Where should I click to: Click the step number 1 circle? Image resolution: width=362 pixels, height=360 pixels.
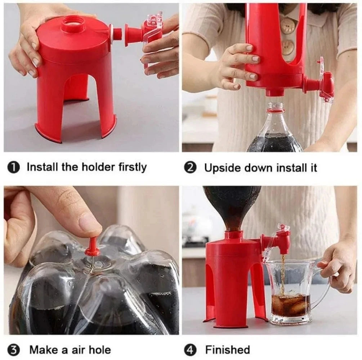13,168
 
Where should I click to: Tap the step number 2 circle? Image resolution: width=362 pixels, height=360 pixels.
190,168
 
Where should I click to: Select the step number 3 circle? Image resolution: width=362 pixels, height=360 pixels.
13,350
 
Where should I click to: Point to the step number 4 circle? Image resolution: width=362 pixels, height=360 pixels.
190,350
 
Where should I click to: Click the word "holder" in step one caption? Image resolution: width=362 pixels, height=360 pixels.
97,167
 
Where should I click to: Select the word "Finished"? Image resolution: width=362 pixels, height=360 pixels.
227,350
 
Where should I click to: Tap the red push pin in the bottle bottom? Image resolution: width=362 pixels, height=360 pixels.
93,247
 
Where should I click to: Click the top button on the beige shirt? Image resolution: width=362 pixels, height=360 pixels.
288,26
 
